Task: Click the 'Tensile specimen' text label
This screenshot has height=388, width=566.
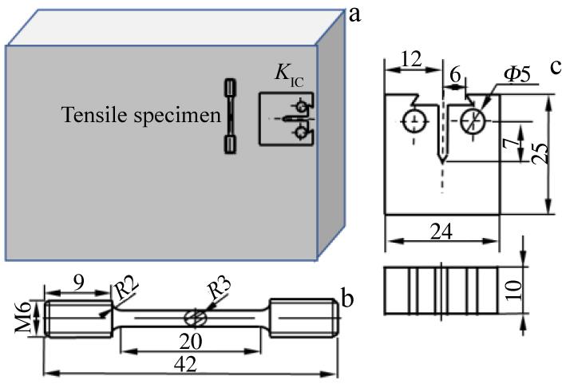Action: point(141,116)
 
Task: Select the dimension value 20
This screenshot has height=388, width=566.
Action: point(189,339)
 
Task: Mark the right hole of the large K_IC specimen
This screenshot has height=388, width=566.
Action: point(472,121)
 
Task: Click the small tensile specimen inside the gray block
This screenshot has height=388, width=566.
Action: point(231,117)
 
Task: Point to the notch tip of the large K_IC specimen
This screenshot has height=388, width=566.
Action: point(440,160)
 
